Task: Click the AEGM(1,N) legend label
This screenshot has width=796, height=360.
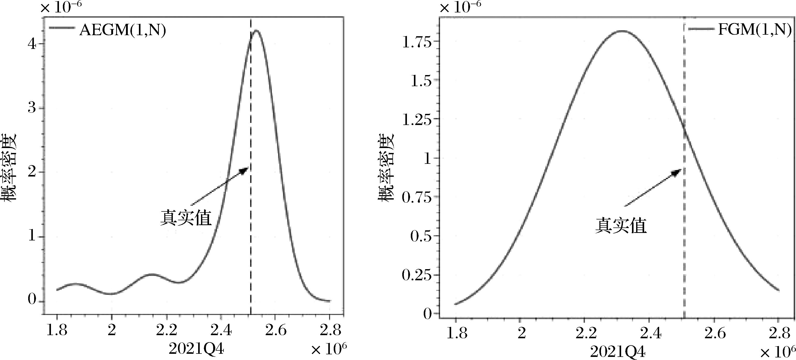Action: pyautogui.click(x=123, y=30)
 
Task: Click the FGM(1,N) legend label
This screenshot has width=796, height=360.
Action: pyautogui.click(x=754, y=30)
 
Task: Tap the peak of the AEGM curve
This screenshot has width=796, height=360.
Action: pyautogui.click(x=256, y=31)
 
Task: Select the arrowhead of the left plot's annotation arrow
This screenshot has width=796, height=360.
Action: pyautogui.click(x=246, y=169)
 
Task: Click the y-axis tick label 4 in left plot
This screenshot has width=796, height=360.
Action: pyautogui.click(x=32, y=44)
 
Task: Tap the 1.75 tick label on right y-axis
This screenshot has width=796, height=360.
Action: pyautogui.click(x=416, y=42)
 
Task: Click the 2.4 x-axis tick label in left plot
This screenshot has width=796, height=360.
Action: pyautogui.click(x=221, y=330)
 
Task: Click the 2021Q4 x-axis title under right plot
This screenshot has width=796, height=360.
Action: pyautogui.click(x=618, y=352)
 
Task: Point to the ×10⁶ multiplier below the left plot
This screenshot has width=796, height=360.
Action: pyautogui.click(x=329, y=349)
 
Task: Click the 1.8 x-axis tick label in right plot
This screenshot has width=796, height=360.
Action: pyautogui.click(x=457, y=333)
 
